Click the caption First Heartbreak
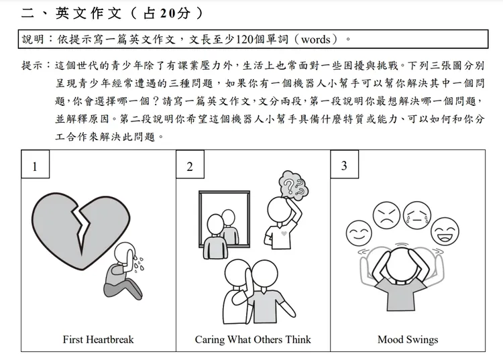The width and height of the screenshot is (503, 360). tap(98, 339)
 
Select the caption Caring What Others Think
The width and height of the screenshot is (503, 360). tap(253, 339)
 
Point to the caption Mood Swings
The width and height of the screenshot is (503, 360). tap(408, 339)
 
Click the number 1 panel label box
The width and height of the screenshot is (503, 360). tap(35, 166)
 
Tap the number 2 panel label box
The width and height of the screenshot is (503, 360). tap(190, 166)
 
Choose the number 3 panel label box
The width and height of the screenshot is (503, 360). tap(344, 166)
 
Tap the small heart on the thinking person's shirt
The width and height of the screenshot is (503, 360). tap(284, 234)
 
